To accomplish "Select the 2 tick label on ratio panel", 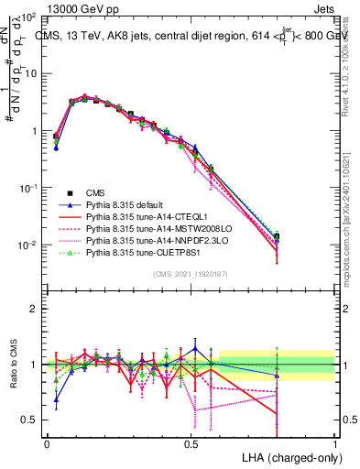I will click(x=35, y=309).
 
